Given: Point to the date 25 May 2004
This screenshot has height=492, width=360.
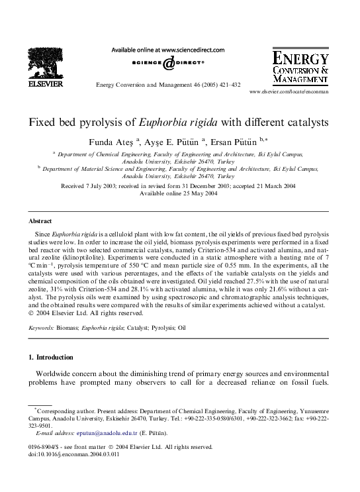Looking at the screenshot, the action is coord(197,193).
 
